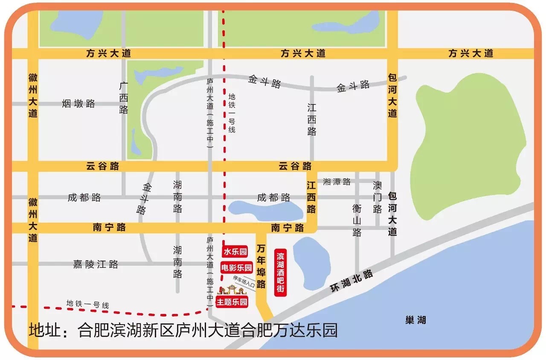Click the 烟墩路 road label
coord(78,104)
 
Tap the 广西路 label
coord(124,98)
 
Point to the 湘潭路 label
coord(337,182)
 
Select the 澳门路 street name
coord(377,197)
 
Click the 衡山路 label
coord(357,220)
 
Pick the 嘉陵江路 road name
coord(96,264)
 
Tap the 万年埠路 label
coord(261,265)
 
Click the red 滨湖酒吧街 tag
coord(280,273)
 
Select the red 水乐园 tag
coord(235,252)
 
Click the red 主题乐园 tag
coord(232,302)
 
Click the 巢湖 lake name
coord(415,320)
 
